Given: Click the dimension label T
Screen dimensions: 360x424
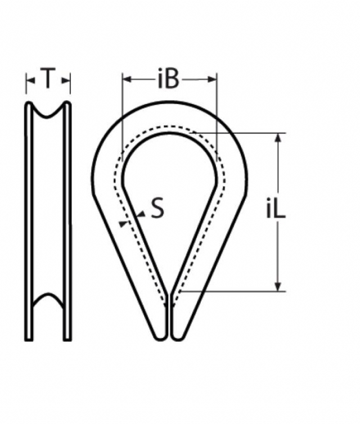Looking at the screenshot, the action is (x=48, y=78).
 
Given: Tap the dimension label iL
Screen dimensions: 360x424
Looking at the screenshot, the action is (x=275, y=208).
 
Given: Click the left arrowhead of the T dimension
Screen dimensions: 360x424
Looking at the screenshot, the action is (x=30, y=80).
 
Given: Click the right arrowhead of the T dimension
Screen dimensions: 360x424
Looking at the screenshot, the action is (x=66, y=80).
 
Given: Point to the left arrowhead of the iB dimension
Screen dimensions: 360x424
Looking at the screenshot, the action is (x=127, y=79).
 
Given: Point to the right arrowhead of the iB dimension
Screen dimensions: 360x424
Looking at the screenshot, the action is (x=212, y=79).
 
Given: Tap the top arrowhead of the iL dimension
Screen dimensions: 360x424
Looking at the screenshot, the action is (x=278, y=138).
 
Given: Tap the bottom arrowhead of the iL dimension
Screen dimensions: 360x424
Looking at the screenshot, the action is (x=278, y=287).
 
